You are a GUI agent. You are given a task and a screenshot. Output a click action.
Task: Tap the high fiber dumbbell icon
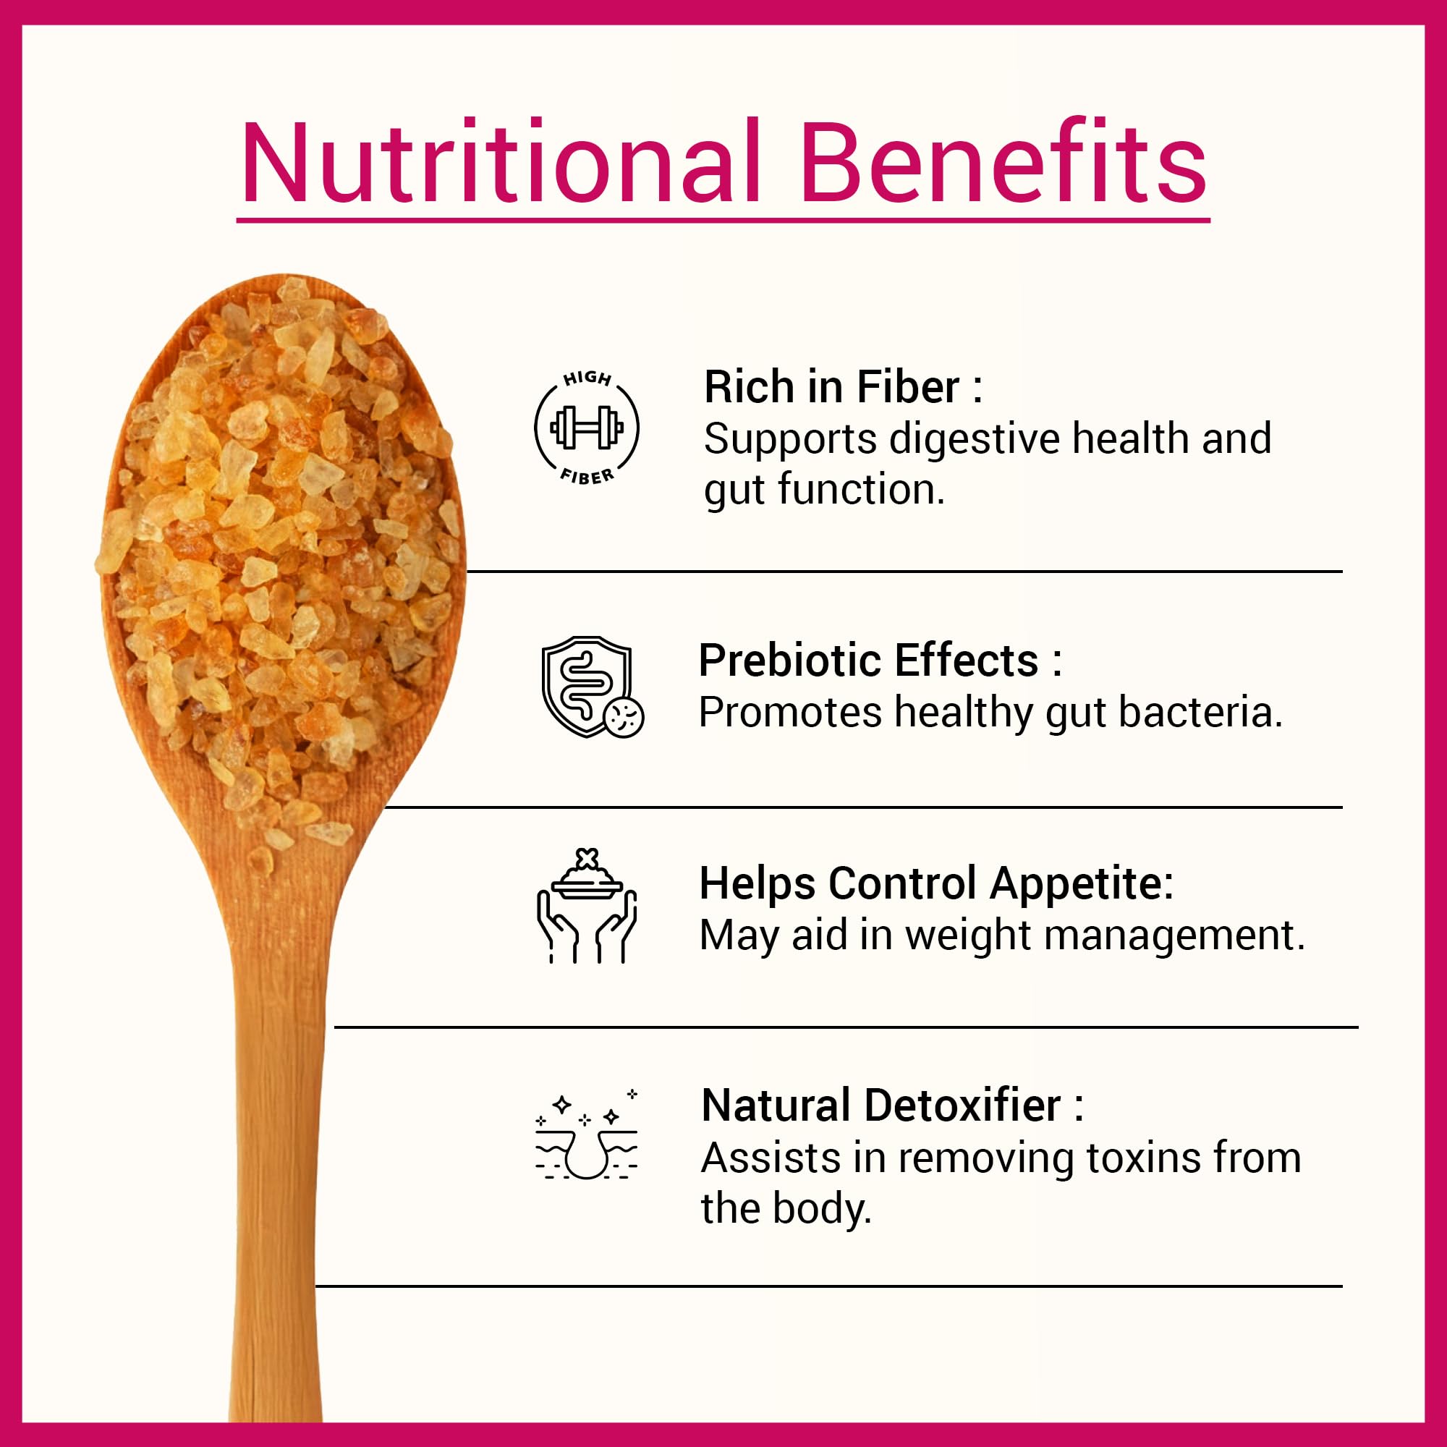coord(587,428)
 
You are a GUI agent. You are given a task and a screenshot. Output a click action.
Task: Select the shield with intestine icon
coord(593,687)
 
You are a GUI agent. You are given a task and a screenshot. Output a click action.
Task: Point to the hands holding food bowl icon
coord(587,906)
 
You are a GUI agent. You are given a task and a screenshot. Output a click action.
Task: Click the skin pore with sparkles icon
coord(587,1134)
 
